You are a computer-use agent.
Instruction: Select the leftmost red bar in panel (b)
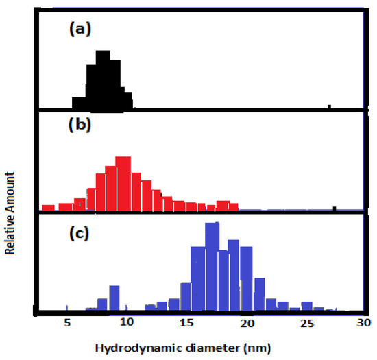[48, 206]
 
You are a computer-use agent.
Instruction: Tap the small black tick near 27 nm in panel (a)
[330, 106]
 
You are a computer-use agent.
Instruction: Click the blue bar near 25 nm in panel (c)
[306, 307]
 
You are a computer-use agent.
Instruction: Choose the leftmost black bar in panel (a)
[79, 102]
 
